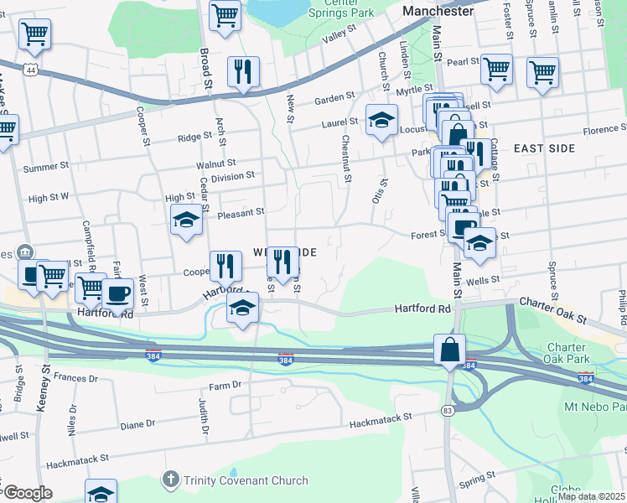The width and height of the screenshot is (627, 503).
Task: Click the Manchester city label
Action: (x=437, y=12)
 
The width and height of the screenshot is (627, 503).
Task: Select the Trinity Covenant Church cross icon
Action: (x=170, y=480)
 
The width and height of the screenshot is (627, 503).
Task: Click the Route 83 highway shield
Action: (x=449, y=410)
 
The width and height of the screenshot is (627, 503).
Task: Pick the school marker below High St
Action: (x=186, y=222)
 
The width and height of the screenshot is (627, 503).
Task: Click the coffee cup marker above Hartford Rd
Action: (x=118, y=293)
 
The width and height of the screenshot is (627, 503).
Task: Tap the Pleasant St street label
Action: (x=242, y=213)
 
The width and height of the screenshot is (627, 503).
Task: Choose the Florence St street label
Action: (x=600, y=130)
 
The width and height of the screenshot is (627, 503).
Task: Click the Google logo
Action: (x=27, y=493)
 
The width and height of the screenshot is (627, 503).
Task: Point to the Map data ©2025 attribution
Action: (x=591, y=496)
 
